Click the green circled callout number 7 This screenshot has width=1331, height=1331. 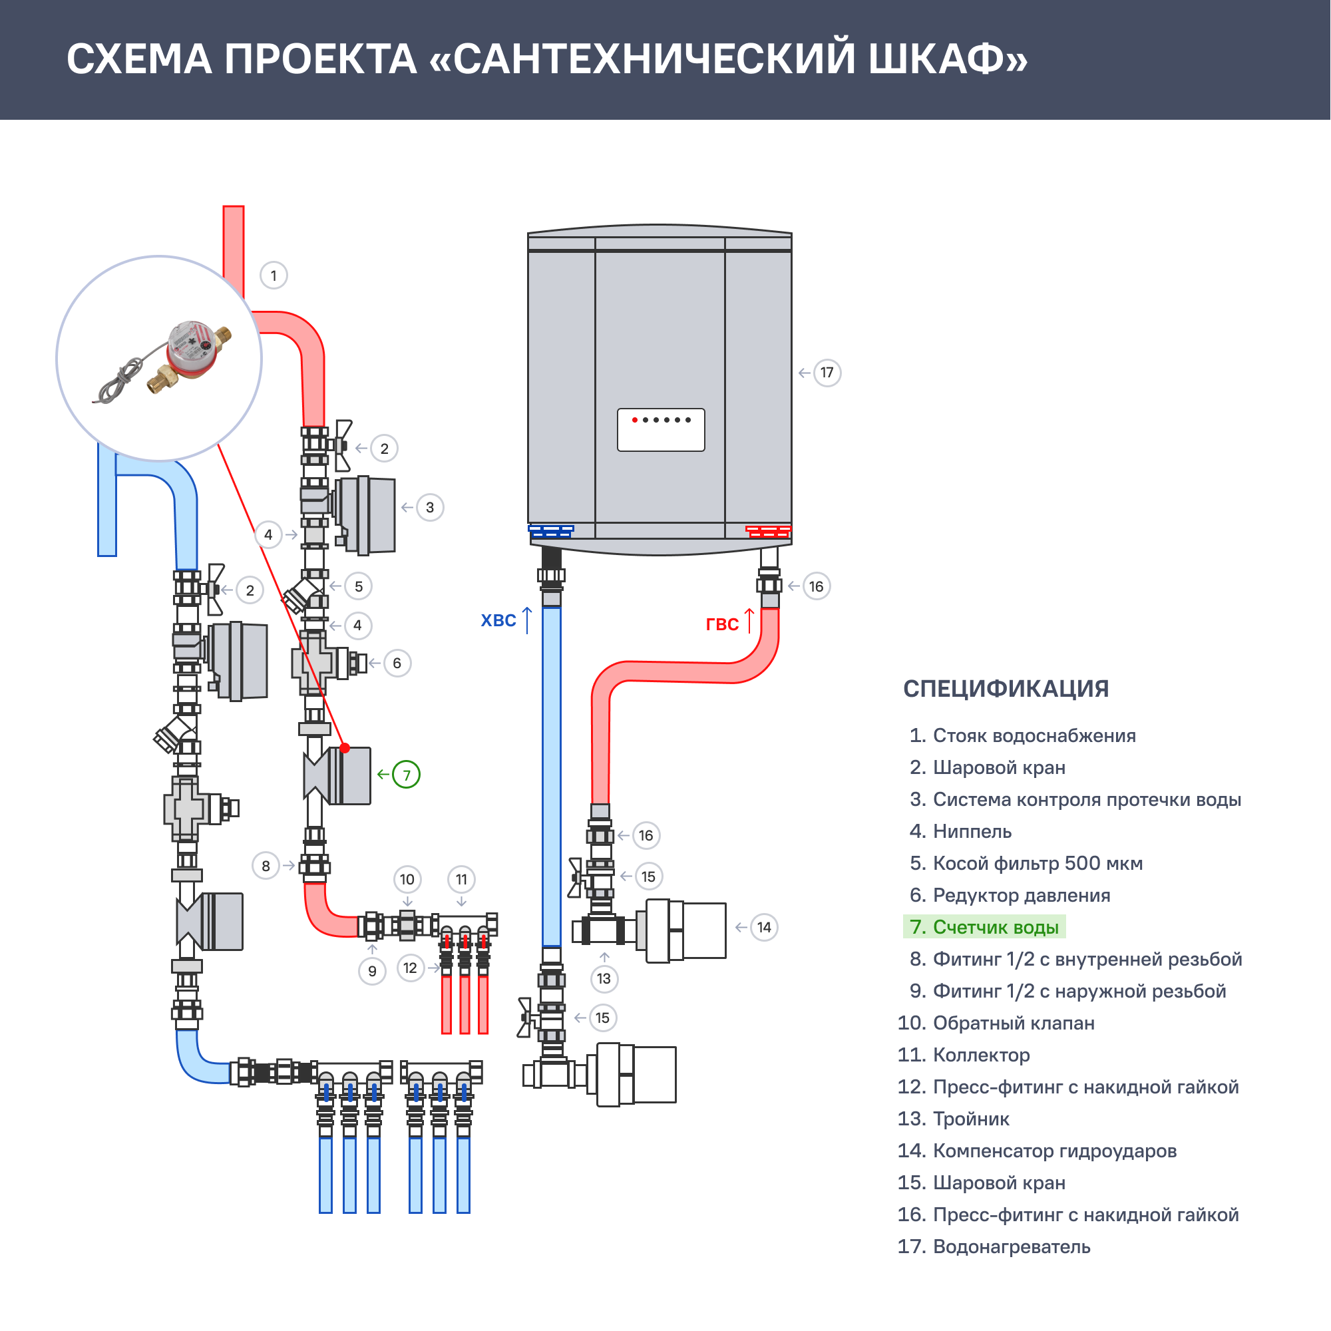point(407,775)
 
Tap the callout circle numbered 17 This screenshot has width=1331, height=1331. point(827,373)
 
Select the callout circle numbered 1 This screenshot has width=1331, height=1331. point(274,276)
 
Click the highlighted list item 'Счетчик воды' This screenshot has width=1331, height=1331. point(985,927)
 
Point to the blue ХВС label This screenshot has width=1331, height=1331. point(498,621)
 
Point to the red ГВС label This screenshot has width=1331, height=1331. point(722,624)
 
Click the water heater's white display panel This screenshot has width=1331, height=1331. point(661,430)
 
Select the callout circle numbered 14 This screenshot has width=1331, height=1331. point(764,927)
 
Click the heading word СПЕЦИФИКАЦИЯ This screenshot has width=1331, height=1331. point(1006,688)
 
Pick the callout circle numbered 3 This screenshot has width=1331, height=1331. point(430,508)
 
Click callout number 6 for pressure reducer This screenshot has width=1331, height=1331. point(397,664)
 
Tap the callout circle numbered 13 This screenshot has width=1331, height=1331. point(604,979)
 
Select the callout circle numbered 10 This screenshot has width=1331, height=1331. point(407,880)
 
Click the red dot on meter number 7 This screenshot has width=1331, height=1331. point(345,748)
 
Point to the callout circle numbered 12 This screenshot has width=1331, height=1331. point(411,968)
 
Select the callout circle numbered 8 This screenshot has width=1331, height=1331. point(266,866)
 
